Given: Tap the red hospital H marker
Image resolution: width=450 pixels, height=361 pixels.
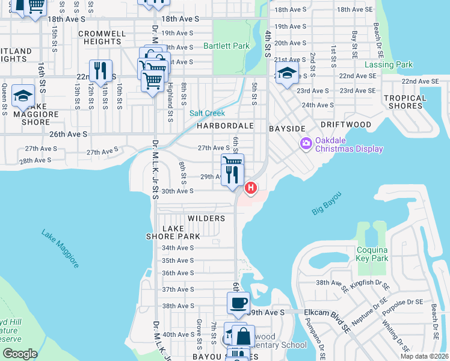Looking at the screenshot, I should tap(250, 188).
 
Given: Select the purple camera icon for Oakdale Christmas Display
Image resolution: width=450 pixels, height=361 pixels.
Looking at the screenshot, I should tap(306, 143).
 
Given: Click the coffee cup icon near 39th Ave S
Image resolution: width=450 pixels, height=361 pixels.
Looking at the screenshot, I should tap(238, 303).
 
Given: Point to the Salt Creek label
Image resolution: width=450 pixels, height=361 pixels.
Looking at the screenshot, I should tap(207, 113).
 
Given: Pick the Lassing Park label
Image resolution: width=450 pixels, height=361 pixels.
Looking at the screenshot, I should tap(388, 64).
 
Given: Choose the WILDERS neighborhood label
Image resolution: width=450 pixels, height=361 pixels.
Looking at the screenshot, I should tap(206, 218).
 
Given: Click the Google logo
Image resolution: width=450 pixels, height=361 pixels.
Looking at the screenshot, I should tap(20, 353).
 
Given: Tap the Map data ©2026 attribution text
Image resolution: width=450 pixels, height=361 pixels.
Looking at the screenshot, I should tap(424, 356).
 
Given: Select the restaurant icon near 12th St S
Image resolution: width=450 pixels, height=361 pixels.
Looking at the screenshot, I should tap(100, 71).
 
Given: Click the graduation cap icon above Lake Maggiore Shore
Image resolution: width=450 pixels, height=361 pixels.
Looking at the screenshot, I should tap(23, 96).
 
